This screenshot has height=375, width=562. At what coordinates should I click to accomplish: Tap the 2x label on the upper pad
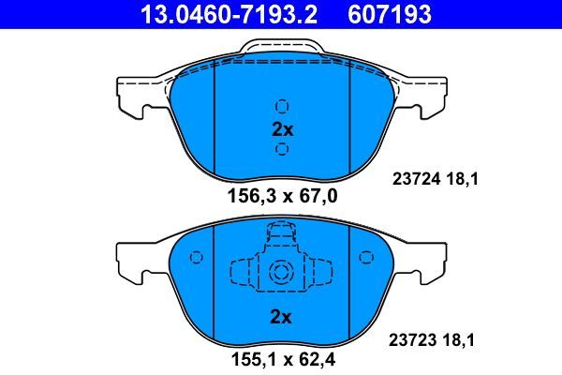click(282, 129)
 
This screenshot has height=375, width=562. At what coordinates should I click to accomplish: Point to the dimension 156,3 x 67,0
click(283, 196)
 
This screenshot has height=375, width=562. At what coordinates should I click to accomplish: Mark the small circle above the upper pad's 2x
click(282, 106)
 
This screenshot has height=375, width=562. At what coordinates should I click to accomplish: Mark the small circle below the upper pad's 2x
click(282, 150)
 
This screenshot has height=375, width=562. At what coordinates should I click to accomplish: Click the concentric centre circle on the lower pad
click(282, 273)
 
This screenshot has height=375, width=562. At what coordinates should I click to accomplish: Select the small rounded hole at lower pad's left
click(198, 256)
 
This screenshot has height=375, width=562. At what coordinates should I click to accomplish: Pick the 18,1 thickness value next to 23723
click(461, 341)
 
